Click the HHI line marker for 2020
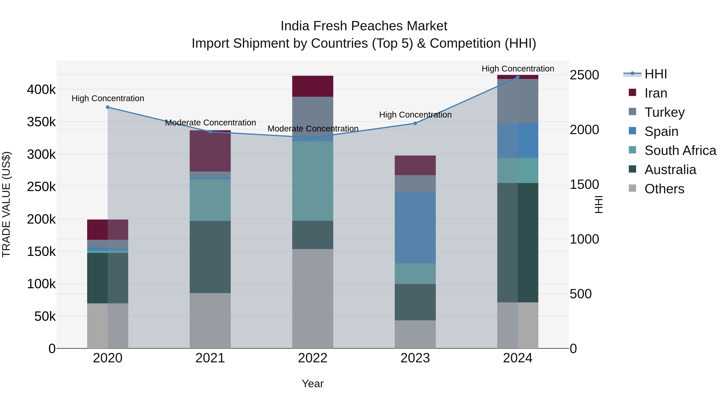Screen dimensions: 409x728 tap(108, 107)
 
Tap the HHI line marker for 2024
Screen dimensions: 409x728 tap(518, 77)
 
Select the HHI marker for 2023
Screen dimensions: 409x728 tap(415, 123)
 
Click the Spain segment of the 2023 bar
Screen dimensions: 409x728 tap(415, 227)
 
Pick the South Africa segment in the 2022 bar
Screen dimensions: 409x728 tap(313, 181)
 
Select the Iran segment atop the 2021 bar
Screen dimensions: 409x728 tap(210, 151)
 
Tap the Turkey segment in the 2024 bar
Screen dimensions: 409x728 tap(518, 101)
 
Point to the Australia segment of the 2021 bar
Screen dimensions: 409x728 tap(210, 257)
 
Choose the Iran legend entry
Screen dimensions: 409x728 tap(655, 93)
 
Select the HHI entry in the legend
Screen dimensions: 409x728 tap(655, 74)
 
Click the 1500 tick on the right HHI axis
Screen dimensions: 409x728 tap(584, 184)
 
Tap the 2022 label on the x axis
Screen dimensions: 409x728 tap(313, 358)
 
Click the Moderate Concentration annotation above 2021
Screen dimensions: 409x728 tap(211, 123)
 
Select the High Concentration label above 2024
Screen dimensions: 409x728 tap(518, 69)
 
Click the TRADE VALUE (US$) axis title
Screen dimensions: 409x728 tap(6, 204)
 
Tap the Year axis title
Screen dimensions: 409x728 tap(313, 384)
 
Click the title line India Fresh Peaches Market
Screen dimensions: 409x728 tap(364, 26)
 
